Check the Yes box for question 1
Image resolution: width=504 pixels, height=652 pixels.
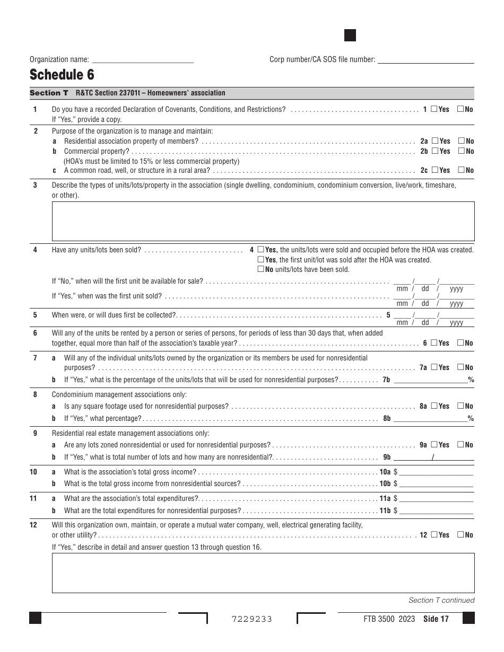coord(434,109)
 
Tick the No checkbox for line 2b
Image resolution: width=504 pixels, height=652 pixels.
coord(461,151)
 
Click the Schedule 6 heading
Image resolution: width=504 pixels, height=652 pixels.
coord(62,74)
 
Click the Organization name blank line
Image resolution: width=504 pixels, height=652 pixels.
coord(143,60)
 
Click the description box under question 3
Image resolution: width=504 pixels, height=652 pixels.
coord(263,221)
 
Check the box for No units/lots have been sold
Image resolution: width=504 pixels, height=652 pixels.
coord(260,269)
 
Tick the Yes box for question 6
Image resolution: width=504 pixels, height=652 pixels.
coord(434,343)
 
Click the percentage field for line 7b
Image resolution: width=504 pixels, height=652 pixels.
coord(430,380)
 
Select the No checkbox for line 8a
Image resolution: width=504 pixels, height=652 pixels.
coord(461,406)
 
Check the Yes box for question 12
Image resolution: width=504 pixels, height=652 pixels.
coord(434,535)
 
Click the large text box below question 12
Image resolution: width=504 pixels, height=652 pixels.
coord(263,573)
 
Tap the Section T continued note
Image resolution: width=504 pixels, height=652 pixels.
coord(441,601)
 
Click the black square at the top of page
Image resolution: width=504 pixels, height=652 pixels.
coord(350,36)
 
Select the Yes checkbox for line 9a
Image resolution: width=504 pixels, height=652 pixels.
coord(434,445)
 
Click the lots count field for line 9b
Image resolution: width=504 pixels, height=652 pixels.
coord(413,457)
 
